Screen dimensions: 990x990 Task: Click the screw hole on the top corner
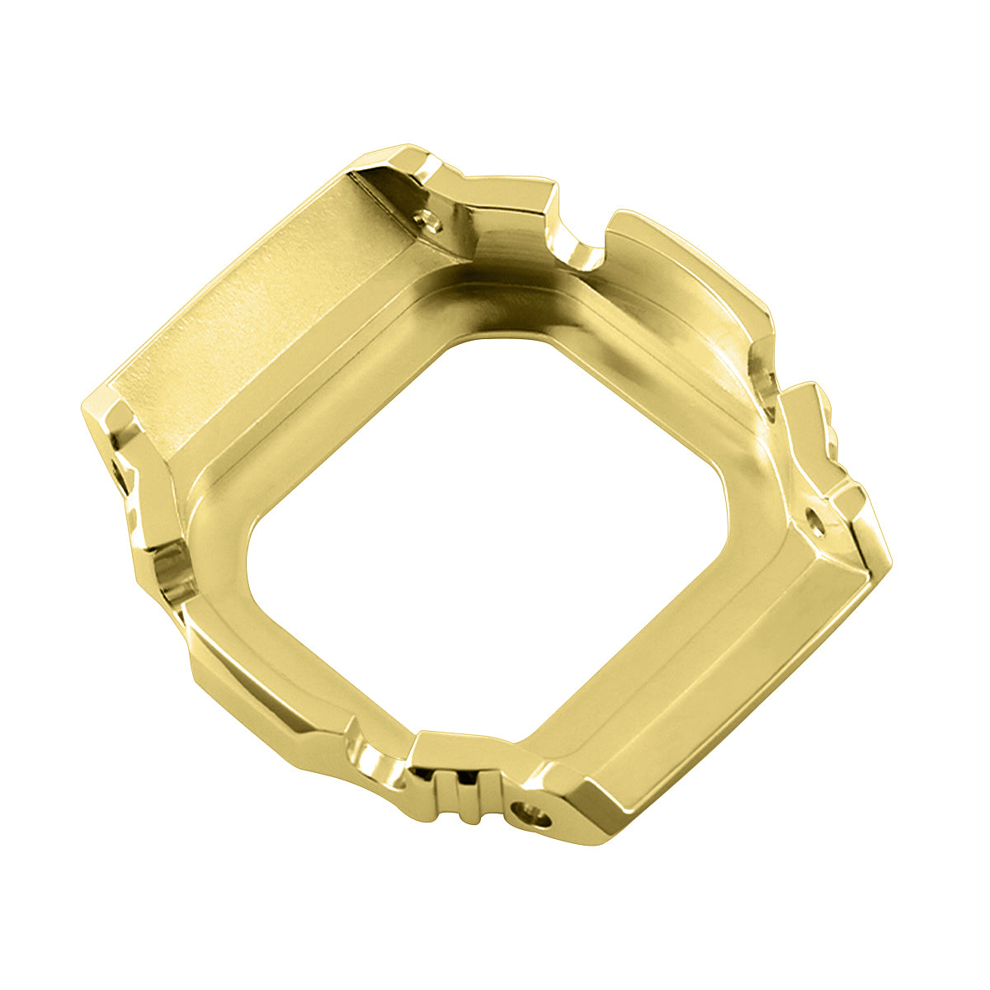pos(428,220)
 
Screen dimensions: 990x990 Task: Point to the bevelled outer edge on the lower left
pos(247,701)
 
